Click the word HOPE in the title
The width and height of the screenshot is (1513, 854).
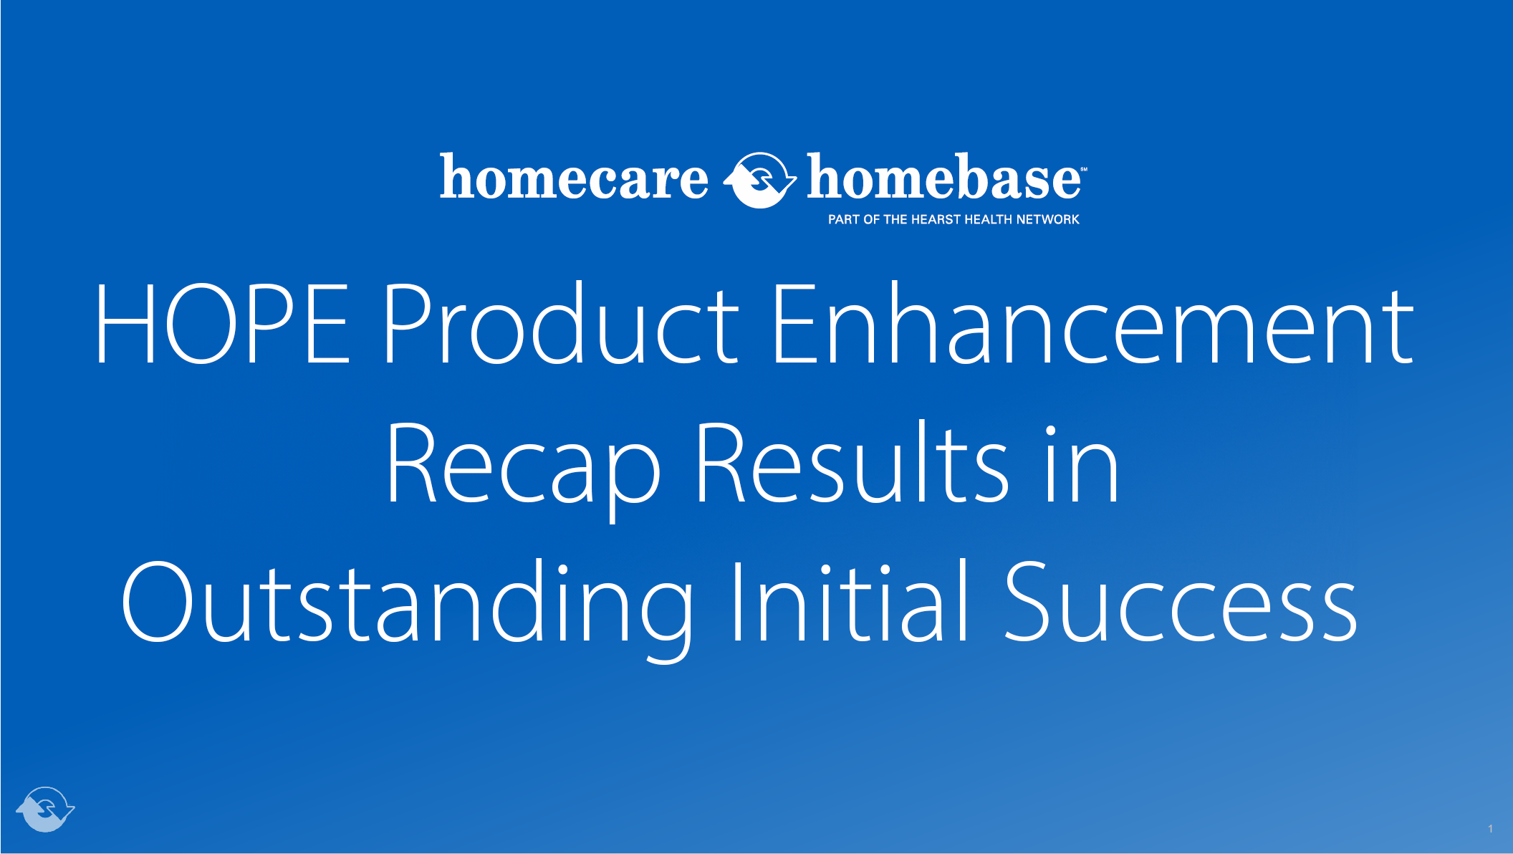coord(222,324)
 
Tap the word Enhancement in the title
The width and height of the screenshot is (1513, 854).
coord(1093,324)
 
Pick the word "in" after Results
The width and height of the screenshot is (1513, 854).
coord(1081,464)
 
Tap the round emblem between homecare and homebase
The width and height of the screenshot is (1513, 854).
coord(759,180)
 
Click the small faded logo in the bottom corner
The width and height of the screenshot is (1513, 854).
coord(45,809)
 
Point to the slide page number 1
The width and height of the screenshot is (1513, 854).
coord(1490,829)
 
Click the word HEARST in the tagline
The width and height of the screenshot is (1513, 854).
coord(936,220)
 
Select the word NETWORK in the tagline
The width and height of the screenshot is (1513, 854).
coord(1047,220)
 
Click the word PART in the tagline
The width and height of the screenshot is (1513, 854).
coord(844,220)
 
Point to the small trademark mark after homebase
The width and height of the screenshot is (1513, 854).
coord(1084,170)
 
